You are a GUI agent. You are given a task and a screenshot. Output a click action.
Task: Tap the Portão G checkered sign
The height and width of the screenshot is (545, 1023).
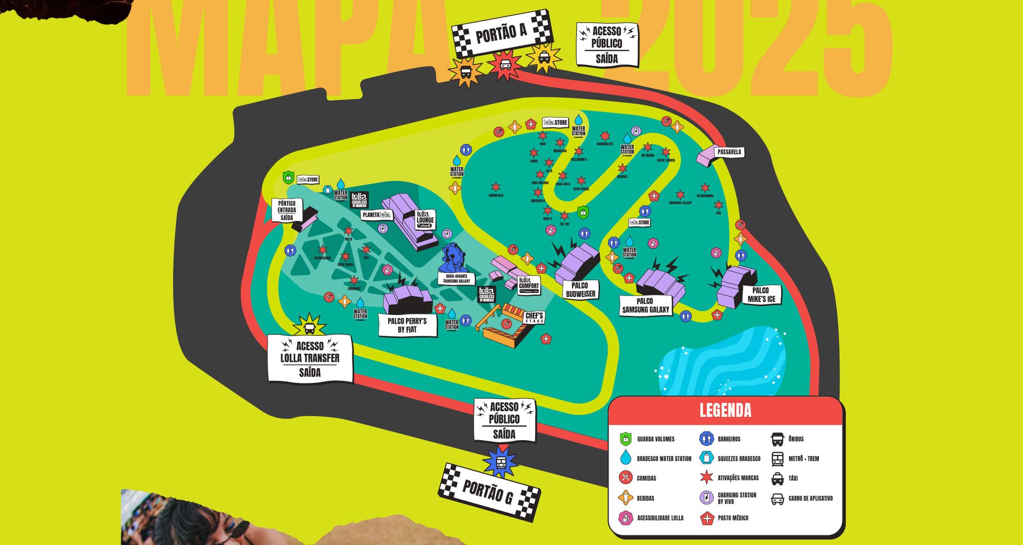click(x=489, y=492)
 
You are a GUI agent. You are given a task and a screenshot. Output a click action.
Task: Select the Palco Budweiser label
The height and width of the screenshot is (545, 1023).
click(x=580, y=290)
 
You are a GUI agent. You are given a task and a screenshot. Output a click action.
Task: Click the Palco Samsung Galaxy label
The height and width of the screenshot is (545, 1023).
click(x=645, y=305)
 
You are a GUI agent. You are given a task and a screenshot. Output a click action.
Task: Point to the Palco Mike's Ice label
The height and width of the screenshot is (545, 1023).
click(x=761, y=295)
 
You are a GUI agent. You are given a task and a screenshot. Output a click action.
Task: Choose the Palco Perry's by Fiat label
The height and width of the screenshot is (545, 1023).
click(x=407, y=325)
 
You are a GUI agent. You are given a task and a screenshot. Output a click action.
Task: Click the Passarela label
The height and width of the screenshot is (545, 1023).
click(x=729, y=152)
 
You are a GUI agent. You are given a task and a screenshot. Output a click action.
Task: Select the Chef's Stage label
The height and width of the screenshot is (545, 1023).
click(x=534, y=317)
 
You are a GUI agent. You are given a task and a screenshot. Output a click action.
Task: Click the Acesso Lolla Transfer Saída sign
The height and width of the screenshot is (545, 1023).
click(x=310, y=359)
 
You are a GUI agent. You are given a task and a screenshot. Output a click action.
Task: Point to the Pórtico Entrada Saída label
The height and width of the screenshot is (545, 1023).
click(x=286, y=210)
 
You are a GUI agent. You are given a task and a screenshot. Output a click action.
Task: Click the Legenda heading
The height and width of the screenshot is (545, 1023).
click(x=725, y=411)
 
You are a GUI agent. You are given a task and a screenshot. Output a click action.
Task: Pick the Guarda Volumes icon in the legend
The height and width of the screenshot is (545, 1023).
click(x=626, y=439)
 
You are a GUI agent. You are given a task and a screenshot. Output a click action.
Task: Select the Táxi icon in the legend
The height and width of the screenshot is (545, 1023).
click(x=777, y=479)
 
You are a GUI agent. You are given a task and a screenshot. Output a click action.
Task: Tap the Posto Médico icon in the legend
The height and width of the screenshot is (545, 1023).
click(x=707, y=518)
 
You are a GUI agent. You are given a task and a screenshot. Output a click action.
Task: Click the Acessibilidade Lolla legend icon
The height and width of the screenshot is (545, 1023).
click(x=626, y=518)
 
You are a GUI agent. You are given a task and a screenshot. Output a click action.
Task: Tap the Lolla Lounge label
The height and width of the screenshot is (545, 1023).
click(x=425, y=220)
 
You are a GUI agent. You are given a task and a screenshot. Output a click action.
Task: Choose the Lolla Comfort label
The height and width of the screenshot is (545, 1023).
click(x=529, y=286)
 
